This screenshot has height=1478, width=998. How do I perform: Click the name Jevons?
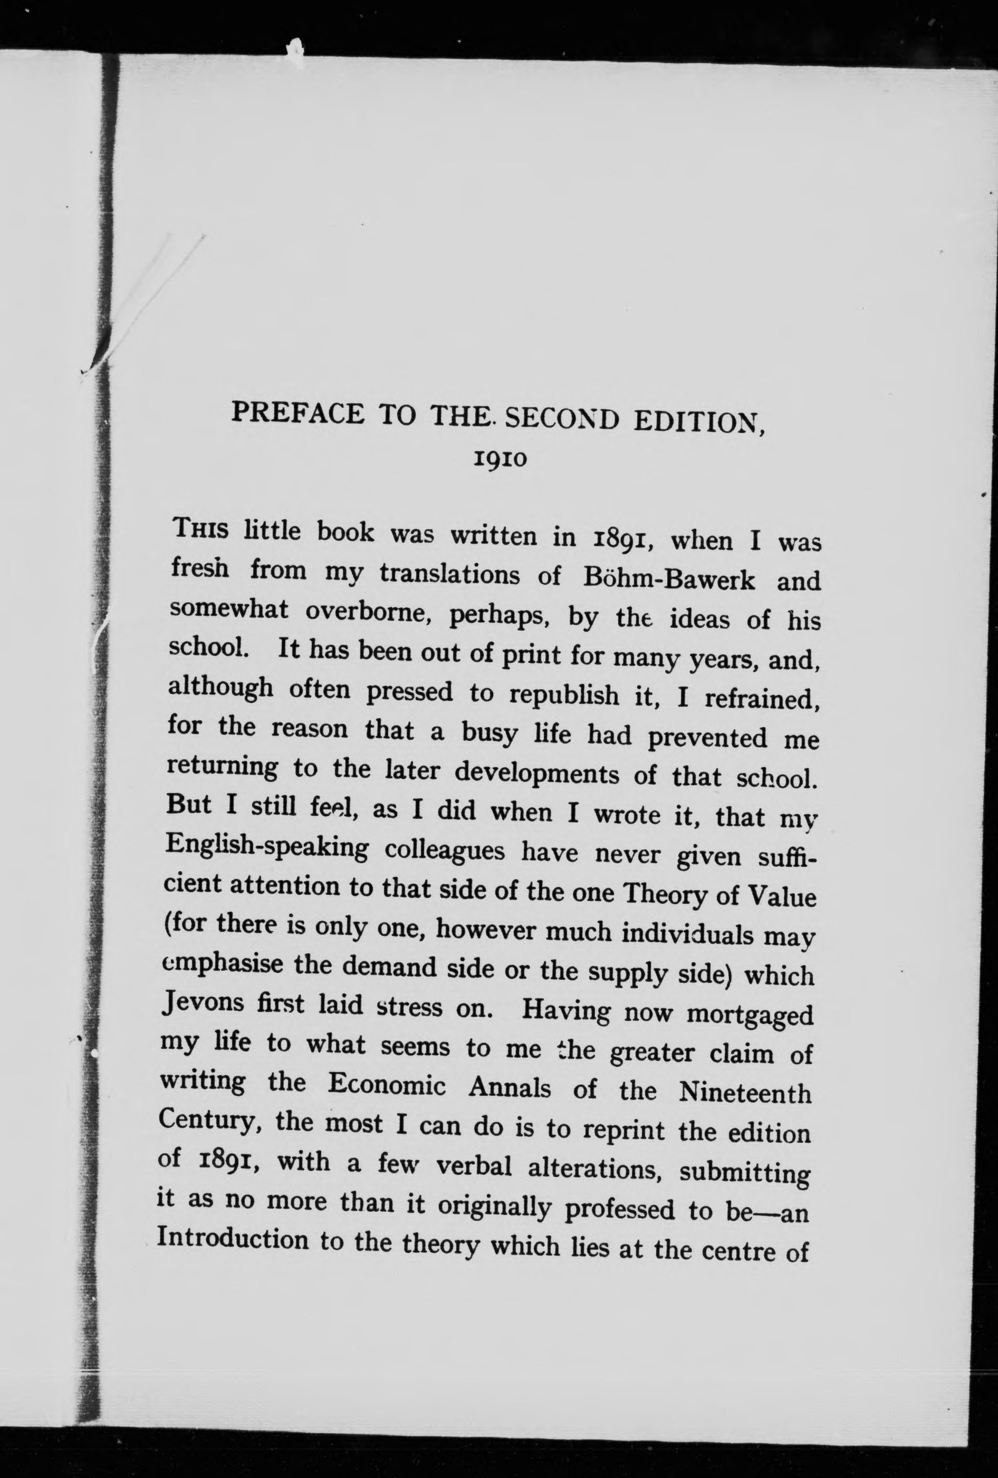203,1002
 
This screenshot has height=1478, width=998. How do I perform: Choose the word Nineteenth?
745,1093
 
